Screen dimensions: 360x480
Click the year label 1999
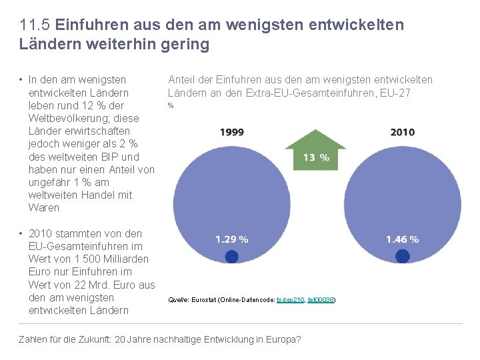(x=231, y=132)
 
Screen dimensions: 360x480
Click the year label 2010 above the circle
(x=403, y=132)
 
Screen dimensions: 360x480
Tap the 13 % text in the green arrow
(x=316, y=157)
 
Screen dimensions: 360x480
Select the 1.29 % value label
(x=232, y=239)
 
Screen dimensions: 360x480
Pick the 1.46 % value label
(x=403, y=239)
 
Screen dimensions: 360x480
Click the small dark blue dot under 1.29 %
(x=231, y=257)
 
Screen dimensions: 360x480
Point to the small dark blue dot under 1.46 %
(x=403, y=257)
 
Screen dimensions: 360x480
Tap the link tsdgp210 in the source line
(x=290, y=301)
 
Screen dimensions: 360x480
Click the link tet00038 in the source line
(x=321, y=301)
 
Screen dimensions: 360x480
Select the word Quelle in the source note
(x=177, y=301)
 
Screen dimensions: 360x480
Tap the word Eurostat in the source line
(x=207, y=301)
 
